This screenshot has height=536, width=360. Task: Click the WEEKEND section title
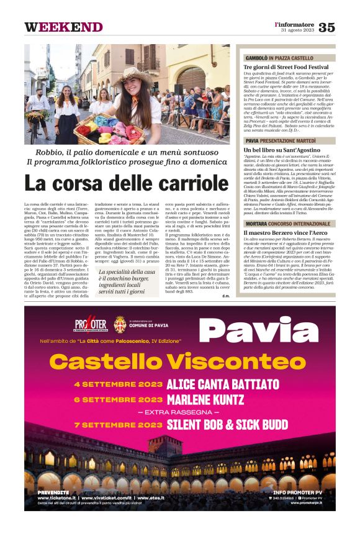[63, 27]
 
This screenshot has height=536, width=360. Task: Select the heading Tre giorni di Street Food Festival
[286, 66]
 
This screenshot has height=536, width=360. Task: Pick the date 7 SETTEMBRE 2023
[117, 425]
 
